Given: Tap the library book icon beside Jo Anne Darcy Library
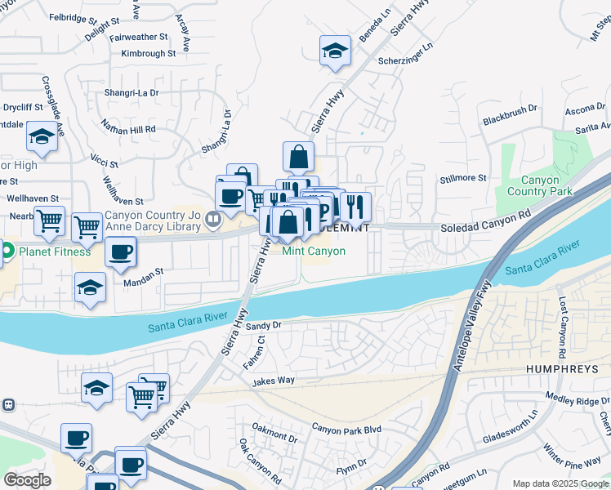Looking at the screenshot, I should tap(213, 218).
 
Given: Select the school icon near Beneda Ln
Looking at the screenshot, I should tap(335, 51).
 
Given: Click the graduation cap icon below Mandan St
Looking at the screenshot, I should tap(90, 288).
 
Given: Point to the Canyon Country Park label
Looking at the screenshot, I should tap(540, 186).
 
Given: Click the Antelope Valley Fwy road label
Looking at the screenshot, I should tap(472, 327).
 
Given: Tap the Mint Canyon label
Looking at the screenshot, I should tap(314, 252).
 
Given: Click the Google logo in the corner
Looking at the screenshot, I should tap(27, 480).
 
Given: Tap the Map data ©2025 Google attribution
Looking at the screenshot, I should tap(560, 483).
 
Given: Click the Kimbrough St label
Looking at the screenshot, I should tap(148, 54).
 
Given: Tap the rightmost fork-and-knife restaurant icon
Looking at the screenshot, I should tap(356, 207).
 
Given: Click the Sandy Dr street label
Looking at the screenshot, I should tap(263, 325).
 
